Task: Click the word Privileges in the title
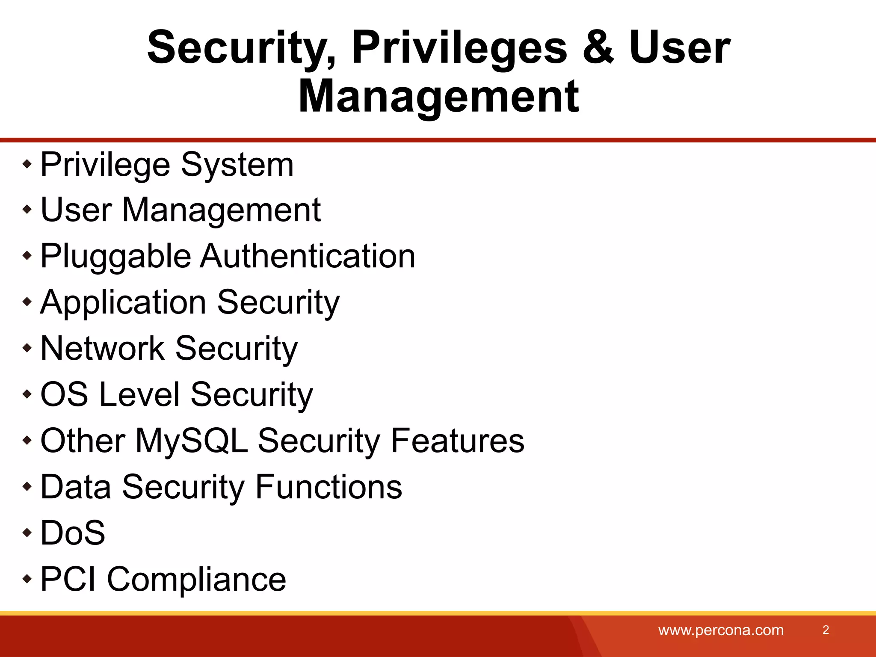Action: (459, 48)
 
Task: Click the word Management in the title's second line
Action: (438, 97)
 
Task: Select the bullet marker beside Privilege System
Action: (27, 164)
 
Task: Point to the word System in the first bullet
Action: (237, 165)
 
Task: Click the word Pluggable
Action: (115, 257)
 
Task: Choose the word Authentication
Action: (308, 257)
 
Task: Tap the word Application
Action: (124, 303)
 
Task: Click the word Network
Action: (103, 348)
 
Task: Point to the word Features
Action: (457, 441)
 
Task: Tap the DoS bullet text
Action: (73, 533)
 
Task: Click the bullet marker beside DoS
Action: (27, 533)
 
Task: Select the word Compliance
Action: (196, 579)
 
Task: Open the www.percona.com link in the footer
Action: (721, 630)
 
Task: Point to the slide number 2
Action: (826, 630)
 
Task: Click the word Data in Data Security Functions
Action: (76, 487)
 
